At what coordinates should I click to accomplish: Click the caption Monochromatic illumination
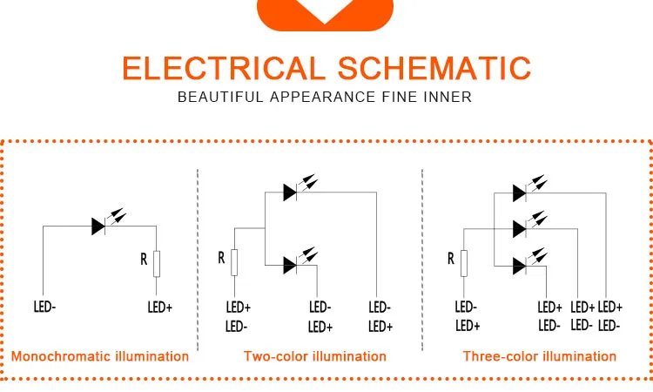coord(99,356)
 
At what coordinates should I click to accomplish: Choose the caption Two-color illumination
coord(315,356)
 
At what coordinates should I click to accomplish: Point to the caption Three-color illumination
coord(540,356)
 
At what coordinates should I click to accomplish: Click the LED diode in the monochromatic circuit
coord(98,226)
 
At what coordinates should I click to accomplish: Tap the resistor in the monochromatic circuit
coord(157,262)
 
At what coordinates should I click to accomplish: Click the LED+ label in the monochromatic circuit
coord(158,307)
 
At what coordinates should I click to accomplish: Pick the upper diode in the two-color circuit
coord(291,193)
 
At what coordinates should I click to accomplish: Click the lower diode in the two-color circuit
coord(291,266)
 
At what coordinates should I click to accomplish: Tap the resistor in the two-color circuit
coord(234,262)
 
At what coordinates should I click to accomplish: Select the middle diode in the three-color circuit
coord(520,227)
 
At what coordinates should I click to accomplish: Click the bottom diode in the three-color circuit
coord(520,265)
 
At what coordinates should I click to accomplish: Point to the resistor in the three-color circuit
coord(465,262)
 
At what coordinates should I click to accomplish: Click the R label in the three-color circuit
coord(451,258)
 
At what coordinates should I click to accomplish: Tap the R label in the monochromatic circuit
coord(144,259)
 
